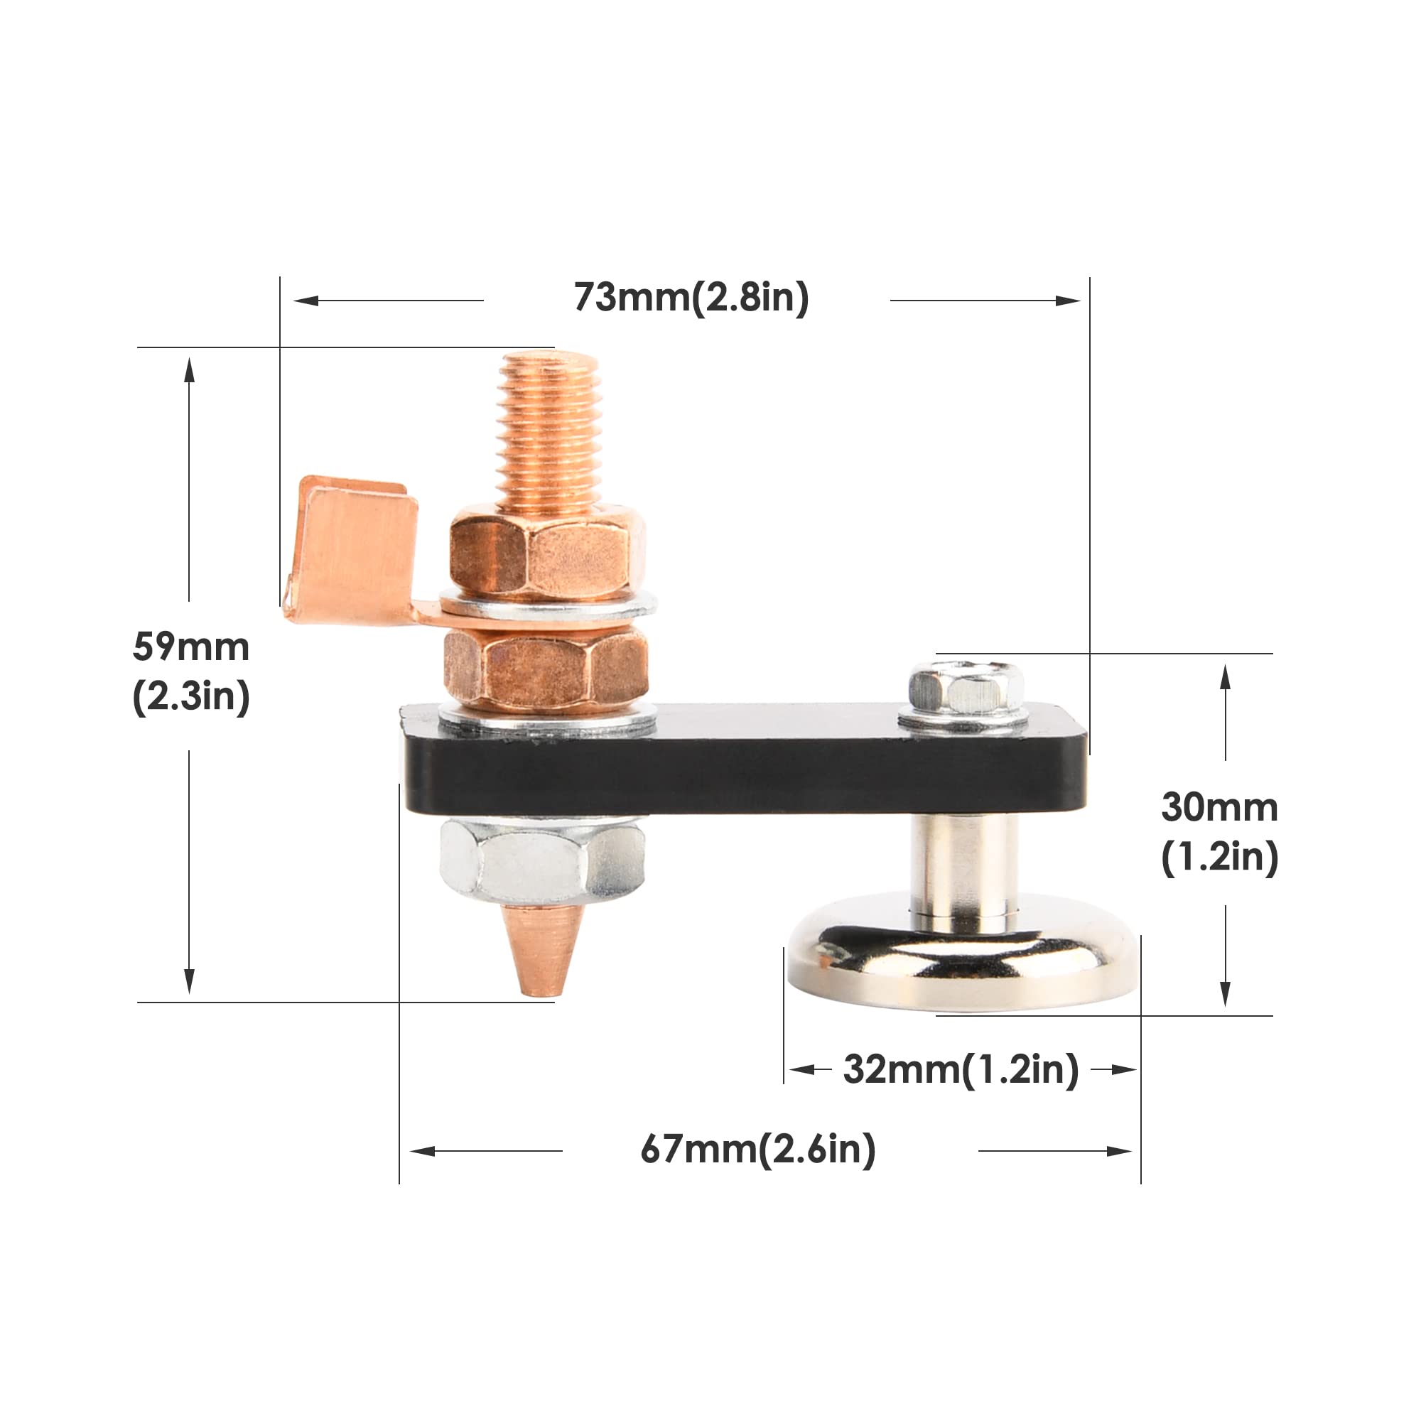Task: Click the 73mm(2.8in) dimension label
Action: [x=691, y=298]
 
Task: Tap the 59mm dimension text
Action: [x=191, y=647]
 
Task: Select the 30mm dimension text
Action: [x=1219, y=808]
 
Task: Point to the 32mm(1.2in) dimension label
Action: [x=961, y=1069]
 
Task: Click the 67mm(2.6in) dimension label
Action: [x=757, y=1150]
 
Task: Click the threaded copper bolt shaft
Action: [x=549, y=434]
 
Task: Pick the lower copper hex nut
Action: [x=546, y=668]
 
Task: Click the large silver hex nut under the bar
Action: [x=542, y=860]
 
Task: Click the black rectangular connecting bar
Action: [x=743, y=772]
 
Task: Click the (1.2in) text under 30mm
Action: [x=1219, y=857]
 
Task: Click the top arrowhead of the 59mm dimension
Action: [x=189, y=370]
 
